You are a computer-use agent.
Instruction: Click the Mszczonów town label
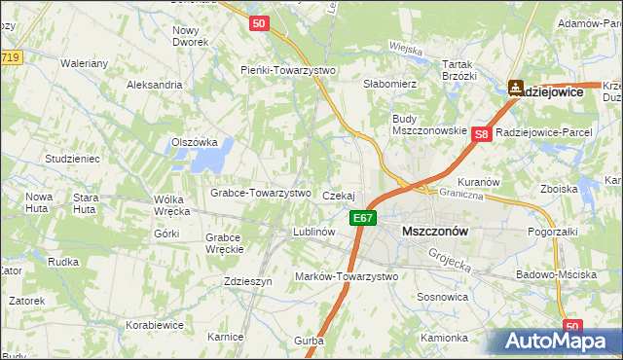click(x=435, y=232)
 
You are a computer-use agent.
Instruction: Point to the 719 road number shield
click(x=11, y=58)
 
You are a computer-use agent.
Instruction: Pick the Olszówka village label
click(x=194, y=141)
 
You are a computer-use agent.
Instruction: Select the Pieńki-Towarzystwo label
click(x=288, y=70)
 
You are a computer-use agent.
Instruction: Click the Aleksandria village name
click(x=155, y=85)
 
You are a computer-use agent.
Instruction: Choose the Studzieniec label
click(x=73, y=157)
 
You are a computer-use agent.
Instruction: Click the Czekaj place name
click(x=338, y=196)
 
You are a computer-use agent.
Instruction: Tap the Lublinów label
click(x=314, y=233)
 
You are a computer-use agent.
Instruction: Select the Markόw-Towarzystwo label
click(x=347, y=276)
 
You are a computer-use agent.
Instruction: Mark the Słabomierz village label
click(x=390, y=85)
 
